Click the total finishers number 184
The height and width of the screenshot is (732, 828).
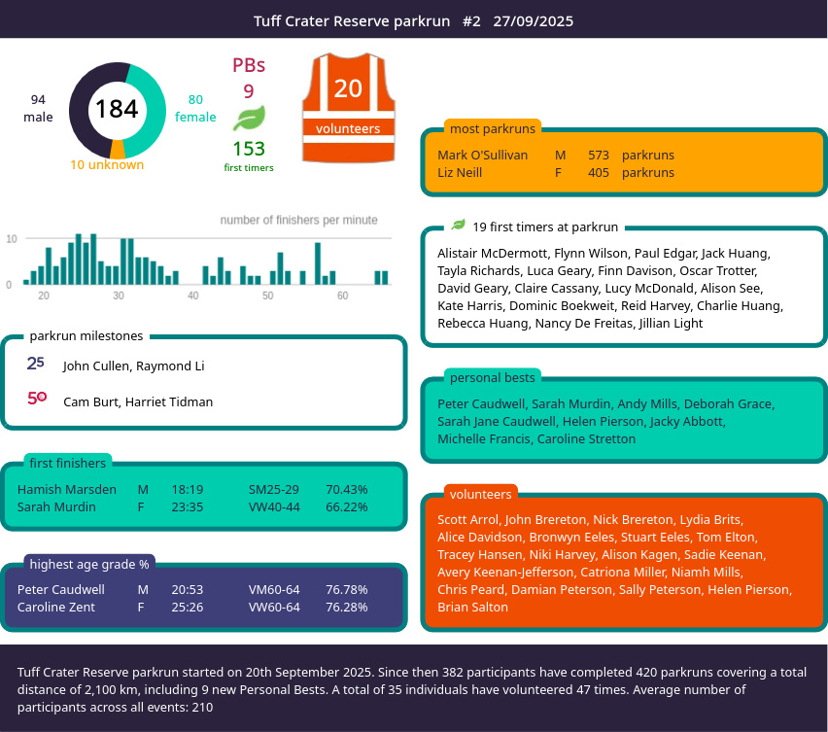(117, 109)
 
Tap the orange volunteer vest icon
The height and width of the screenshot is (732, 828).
(349, 108)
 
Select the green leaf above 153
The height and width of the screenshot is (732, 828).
(249, 118)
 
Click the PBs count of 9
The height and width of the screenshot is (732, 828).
(249, 91)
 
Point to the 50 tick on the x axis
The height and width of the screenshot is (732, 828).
(267, 296)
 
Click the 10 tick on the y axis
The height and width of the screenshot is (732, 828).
(12, 239)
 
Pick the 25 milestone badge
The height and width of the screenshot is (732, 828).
(35, 364)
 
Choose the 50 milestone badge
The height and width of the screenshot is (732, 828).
(37, 398)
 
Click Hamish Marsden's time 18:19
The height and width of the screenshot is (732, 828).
(188, 490)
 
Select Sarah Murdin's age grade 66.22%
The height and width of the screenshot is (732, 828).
(346, 507)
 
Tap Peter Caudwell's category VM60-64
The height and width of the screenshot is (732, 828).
(274, 589)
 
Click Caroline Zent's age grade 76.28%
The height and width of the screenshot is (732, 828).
(346, 607)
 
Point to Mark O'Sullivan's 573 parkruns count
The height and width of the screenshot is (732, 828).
(599, 155)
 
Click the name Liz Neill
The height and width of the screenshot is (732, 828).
(460, 172)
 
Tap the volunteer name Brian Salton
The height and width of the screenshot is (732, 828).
(472, 607)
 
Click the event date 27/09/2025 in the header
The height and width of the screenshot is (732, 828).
(534, 21)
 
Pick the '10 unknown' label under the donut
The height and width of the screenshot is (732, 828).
(107, 165)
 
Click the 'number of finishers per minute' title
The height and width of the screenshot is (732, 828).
(299, 220)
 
